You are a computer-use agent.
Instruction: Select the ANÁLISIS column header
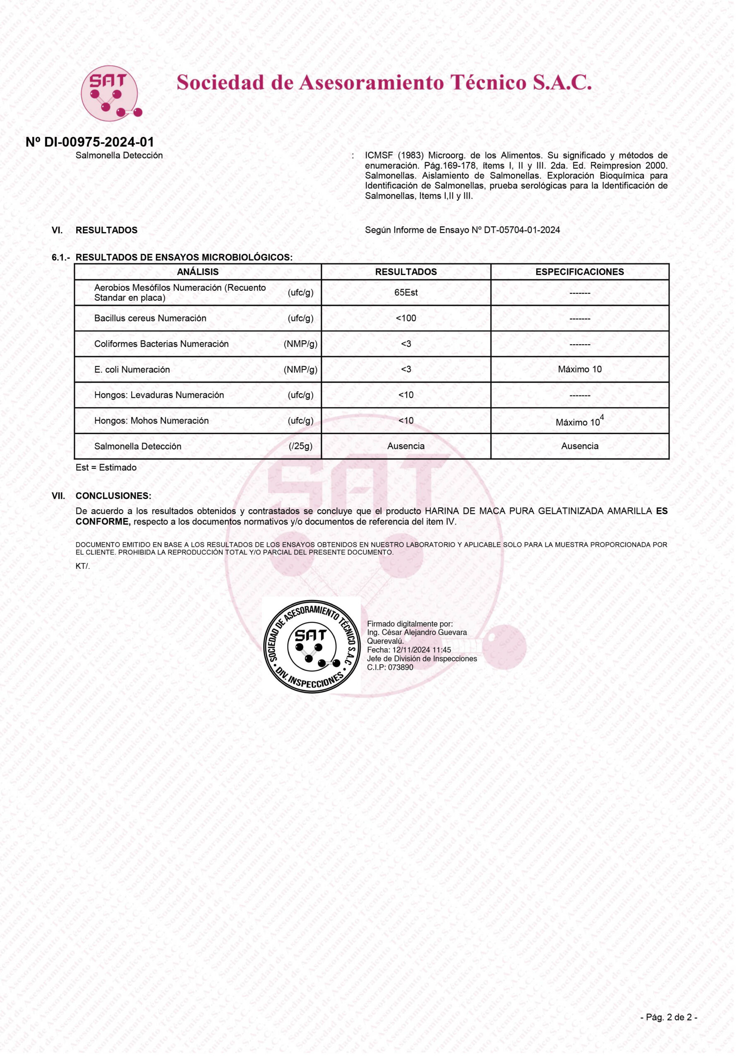[197, 272]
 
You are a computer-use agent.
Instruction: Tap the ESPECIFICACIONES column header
[579, 272]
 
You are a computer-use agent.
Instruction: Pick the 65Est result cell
[406, 292]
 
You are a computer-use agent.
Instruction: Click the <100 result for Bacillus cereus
[406, 318]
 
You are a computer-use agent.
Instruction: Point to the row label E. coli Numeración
[132, 369]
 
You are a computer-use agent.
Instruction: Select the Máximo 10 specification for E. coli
[579, 369]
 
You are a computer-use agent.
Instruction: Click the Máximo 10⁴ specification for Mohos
[579, 422]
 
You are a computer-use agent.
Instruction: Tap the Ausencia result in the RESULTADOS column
[406, 446]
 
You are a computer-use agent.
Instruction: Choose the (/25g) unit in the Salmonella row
[300, 446]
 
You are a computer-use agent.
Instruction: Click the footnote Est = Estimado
[106, 468]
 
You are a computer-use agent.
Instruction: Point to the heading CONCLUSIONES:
[113, 496]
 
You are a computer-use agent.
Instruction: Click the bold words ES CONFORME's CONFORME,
[103, 522]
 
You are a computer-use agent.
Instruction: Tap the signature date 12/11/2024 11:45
[422, 650]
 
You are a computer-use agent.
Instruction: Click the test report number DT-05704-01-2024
[522, 230]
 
